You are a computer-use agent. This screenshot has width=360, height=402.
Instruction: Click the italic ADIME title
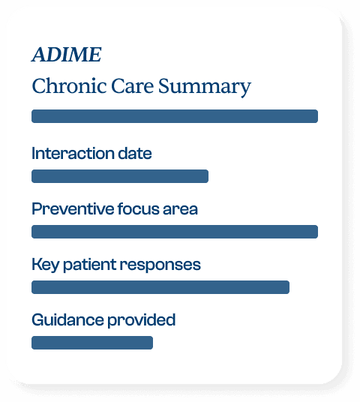point(67,55)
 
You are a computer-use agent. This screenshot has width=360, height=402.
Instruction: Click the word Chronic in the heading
point(69,85)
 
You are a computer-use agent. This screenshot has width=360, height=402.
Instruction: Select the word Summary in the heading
point(204,88)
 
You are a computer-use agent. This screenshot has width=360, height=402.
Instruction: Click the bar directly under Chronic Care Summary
point(175,116)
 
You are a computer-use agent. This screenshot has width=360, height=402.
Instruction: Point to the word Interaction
point(73,153)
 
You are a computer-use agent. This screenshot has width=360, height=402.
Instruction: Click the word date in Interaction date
point(135,153)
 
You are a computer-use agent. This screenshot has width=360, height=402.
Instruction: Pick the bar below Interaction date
point(120,176)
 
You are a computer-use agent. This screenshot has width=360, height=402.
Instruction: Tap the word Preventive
point(73,208)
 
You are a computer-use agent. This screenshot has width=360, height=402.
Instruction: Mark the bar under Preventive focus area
point(175,232)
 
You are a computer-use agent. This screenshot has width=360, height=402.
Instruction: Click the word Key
point(46,265)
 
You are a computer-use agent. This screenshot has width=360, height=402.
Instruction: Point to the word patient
point(90,265)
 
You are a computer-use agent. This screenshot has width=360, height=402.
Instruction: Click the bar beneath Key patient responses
point(160,287)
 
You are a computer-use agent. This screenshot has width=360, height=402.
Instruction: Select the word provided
point(142,320)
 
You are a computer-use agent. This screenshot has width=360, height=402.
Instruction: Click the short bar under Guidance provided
point(92,343)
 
